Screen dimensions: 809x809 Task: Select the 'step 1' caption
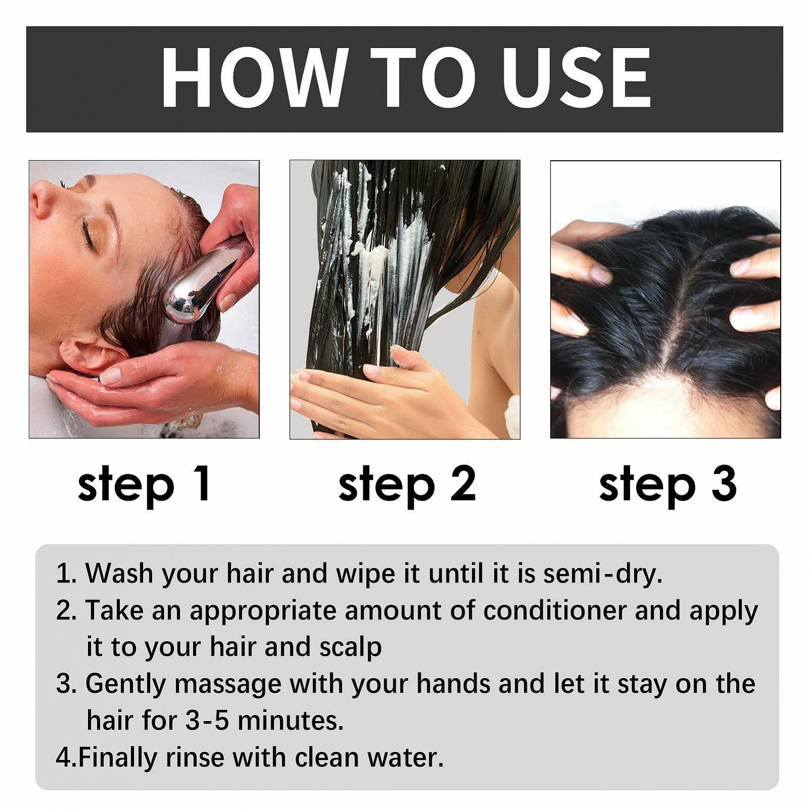pyautogui.click(x=144, y=484)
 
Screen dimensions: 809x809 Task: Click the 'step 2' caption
pyautogui.click(x=407, y=484)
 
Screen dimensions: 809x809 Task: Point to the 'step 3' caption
pyautogui.click(x=667, y=484)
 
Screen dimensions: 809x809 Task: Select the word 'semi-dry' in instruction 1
pyautogui.click(x=603, y=574)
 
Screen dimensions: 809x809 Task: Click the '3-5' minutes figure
pyautogui.click(x=207, y=721)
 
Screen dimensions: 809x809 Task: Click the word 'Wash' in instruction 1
pyautogui.click(x=119, y=574)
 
